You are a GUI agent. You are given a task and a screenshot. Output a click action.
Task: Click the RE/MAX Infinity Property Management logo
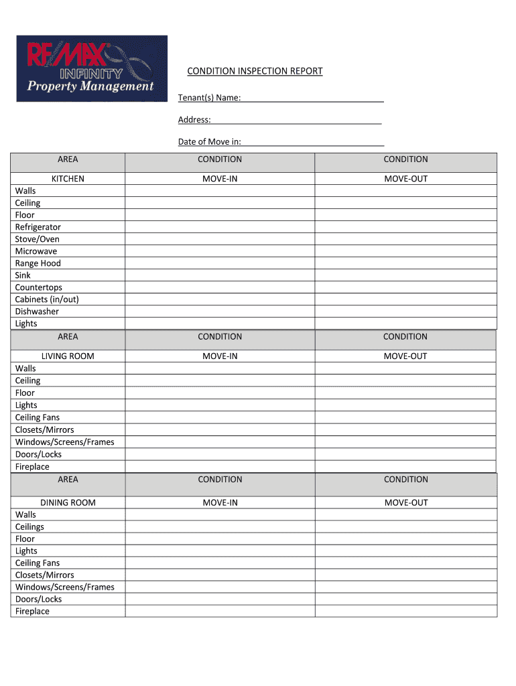[x=92, y=68]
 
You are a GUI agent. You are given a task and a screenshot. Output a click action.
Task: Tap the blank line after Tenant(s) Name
[x=312, y=98]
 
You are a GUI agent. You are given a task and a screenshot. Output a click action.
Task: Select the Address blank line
[x=296, y=120]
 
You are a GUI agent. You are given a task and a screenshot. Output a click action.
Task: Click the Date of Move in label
[x=209, y=141]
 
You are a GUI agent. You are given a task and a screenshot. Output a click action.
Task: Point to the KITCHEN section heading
[x=68, y=179]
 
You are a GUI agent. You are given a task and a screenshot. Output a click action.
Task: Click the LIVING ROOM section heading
[x=68, y=356]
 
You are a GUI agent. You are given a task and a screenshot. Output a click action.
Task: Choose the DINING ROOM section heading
[x=68, y=502]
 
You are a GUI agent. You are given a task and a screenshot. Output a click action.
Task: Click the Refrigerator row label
[x=38, y=227]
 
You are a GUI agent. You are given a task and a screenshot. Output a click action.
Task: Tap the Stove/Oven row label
[x=37, y=239]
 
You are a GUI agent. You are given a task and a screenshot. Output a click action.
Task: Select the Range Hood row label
[x=38, y=263]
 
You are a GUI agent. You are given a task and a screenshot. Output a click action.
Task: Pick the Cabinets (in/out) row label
[x=46, y=299]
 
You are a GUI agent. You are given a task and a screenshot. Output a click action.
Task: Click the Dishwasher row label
[x=37, y=312]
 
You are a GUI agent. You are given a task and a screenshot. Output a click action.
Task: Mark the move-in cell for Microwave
[x=220, y=251]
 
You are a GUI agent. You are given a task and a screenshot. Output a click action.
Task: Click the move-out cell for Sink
[x=405, y=275]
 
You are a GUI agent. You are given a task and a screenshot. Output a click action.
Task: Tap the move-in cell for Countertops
[x=220, y=287]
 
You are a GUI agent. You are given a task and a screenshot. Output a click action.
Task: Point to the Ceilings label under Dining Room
[x=29, y=527]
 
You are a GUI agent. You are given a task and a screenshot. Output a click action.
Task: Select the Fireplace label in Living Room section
[x=32, y=466]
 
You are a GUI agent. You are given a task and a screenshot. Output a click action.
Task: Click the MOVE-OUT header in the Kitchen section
[x=405, y=179]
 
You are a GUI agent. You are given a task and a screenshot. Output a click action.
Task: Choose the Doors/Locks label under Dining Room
[x=38, y=599]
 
